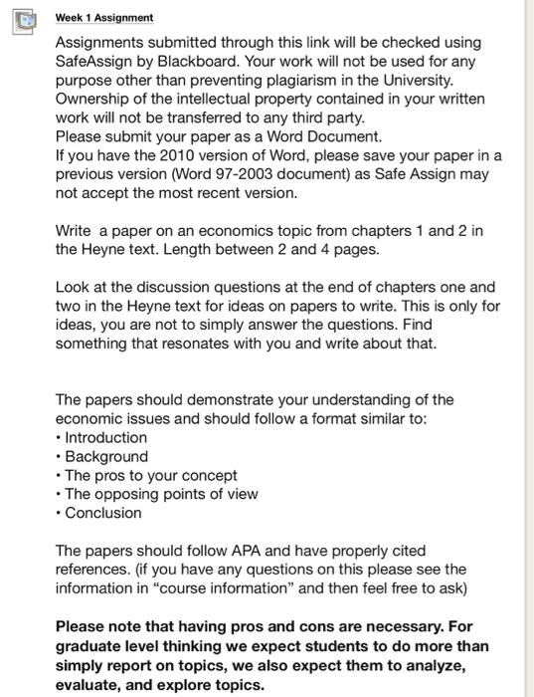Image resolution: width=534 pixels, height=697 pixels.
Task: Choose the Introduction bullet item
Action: (x=105, y=437)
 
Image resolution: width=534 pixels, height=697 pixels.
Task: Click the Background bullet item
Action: (x=106, y=456)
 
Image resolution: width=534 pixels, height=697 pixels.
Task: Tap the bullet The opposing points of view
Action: (x=161, y=494)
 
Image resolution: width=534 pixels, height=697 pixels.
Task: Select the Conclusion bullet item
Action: (x=103, y=513)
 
